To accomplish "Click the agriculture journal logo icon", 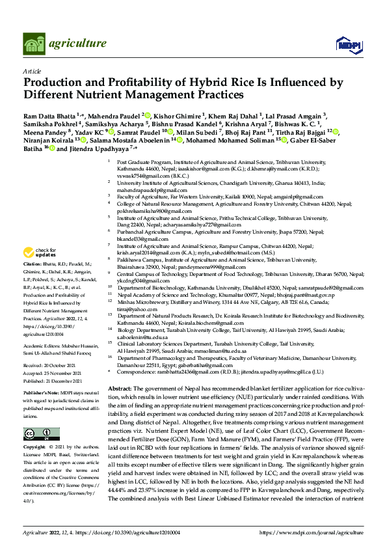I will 34,44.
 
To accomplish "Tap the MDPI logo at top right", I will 345,44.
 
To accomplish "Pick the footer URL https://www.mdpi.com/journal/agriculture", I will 312,532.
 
